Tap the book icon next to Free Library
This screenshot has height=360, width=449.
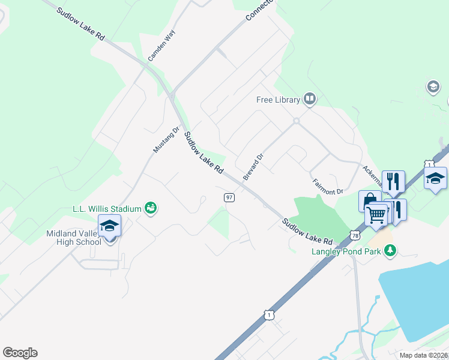click(309, 98)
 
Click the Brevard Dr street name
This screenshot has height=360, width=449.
click(253, 167)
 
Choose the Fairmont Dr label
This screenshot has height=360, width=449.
click(327, 186)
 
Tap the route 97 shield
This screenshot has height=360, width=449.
click(229, 197)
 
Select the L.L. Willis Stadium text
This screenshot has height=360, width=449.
click(107, 209)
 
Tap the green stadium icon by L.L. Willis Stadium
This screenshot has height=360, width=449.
click(151, 208)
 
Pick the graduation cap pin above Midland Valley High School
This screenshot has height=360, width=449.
click(109, 227)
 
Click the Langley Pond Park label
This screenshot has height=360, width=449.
click(346, 251)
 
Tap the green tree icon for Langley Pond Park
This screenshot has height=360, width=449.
click(390, 251)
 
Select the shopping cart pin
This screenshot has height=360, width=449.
click(376, 214)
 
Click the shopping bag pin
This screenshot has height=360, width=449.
click(369, 200)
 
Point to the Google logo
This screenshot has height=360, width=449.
click(20, 353)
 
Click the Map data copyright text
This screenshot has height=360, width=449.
click(424, 355)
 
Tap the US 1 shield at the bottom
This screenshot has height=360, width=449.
click(268, 314)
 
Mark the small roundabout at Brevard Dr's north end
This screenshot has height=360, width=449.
click(296, 121)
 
